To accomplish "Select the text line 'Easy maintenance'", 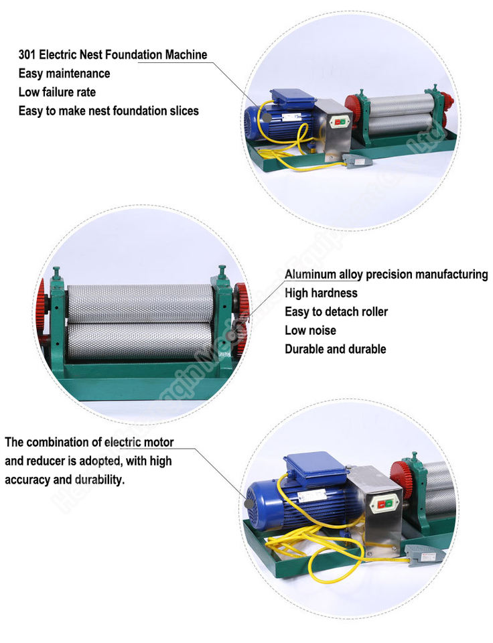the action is pyautogui.click(x=64, y=74).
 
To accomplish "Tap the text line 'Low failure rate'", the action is pyautogui.click(x=57, y=92).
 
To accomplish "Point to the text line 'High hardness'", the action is pyautogui.click(x=321, y=293).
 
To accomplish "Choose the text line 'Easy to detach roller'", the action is pyautogui.click(x=336, y=311).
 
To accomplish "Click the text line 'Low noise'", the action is pyautogui.click(x=310, y=330).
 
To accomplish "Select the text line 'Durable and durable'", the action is pyautogui.click(x=335, y=349).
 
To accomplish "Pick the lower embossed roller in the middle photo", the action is pyautogui.click(x=140, y=342).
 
